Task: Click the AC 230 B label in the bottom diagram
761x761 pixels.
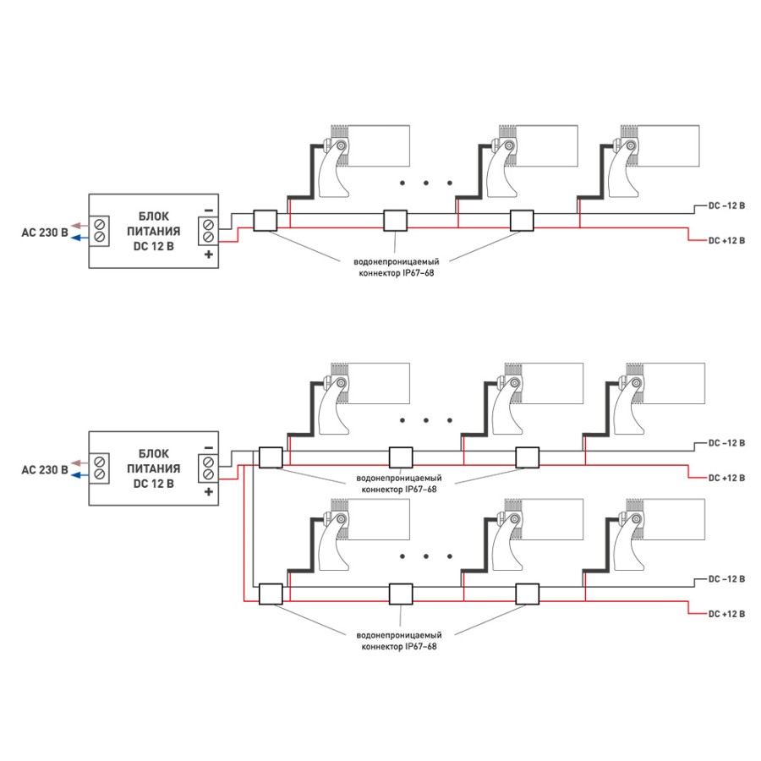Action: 44,468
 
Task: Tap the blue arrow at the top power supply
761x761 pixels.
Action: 76,238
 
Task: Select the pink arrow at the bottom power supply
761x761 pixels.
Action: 76,462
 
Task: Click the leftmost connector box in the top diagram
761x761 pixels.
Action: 265,221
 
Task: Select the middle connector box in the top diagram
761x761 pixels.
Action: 396,221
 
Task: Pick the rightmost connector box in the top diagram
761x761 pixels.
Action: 522,221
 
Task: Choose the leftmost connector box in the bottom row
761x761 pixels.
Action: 271,594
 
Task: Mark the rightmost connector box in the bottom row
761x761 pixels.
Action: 528,594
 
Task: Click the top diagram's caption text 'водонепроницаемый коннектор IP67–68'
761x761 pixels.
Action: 397,267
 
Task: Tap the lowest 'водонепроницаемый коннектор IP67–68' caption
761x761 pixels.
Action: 397,640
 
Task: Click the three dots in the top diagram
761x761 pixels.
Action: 426,183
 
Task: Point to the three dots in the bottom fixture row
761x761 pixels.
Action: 426,556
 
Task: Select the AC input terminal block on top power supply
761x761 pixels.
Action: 101,231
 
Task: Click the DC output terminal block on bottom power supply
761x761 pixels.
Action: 208,468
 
